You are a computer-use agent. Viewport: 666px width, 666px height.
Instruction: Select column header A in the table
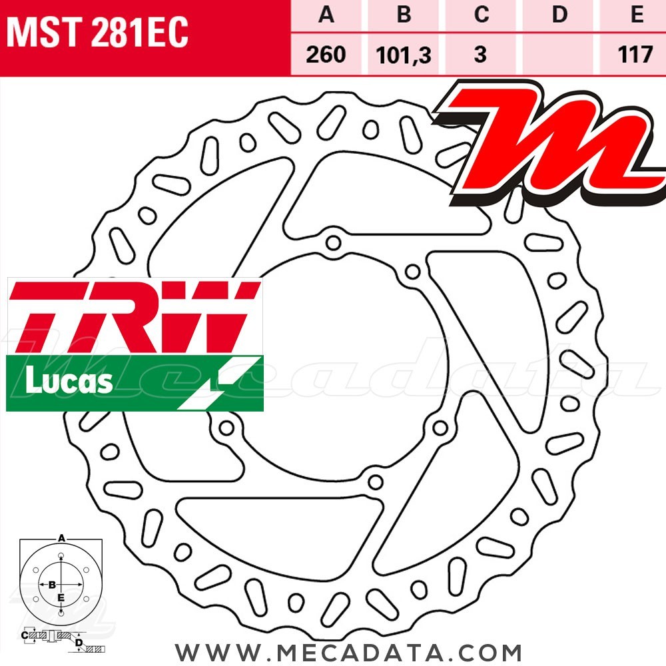tap(326, 15)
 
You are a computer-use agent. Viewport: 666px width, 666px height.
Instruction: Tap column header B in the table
tap(404, 15)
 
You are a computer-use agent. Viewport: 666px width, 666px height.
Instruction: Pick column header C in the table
tap(481, 15)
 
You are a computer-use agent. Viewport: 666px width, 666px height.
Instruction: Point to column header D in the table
tap(559, 15)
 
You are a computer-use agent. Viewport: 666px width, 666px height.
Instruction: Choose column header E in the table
tap(637, 15)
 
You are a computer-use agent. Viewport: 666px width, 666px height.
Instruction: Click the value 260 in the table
tap(326, 53)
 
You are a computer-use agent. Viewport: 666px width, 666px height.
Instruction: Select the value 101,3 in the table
tap(404, 53)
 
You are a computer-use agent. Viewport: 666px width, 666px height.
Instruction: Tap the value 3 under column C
tap(481, 53)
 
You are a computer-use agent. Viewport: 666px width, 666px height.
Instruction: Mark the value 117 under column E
tap(635, 53)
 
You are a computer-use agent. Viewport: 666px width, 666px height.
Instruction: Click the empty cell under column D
tap(559, 53)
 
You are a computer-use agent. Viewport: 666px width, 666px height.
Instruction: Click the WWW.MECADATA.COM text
tap(348, 651)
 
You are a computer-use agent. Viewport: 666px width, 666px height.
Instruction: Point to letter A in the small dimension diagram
tap(61, 537)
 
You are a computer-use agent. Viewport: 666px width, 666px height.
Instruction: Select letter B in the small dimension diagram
tap(51, 584)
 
